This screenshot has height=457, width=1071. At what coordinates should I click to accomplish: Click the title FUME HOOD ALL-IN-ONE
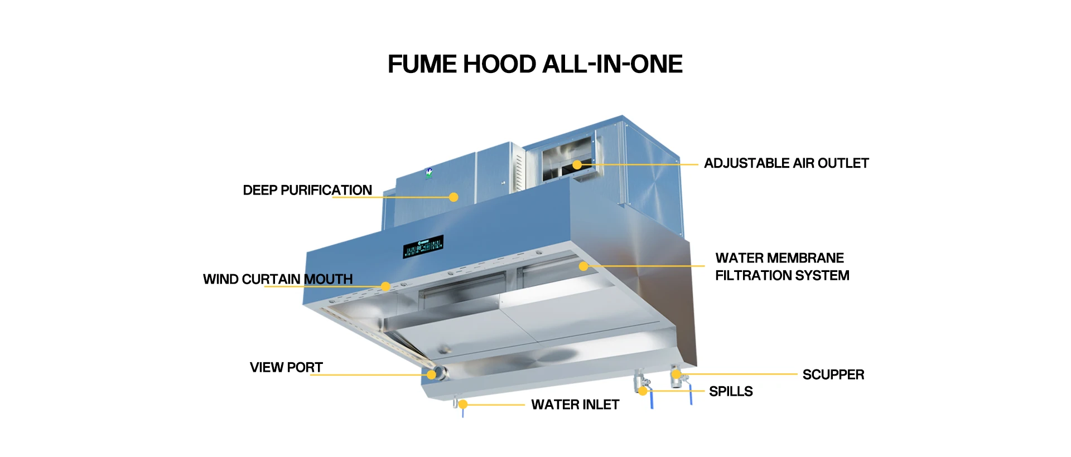point(535,64)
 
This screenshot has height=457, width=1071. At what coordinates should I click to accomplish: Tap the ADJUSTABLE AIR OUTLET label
point(786,163)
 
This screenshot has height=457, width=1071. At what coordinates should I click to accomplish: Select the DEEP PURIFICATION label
point(307,190)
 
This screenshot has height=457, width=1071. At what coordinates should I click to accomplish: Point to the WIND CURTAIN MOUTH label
point(278,279)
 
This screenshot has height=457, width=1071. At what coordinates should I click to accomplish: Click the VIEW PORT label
point(286,367)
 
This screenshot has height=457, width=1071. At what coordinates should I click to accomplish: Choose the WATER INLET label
point(575,405)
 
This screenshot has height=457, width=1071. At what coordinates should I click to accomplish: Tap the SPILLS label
point(731,391)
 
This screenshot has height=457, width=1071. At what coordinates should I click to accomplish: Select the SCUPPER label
point(833,375)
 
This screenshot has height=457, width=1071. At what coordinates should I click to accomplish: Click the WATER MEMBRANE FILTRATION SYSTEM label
point(782,266)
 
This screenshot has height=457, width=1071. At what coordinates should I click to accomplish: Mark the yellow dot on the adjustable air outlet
point(577,164)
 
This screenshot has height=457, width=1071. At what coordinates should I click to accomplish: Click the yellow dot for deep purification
point(454,197)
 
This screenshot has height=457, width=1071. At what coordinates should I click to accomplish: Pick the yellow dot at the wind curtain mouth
point(385,286)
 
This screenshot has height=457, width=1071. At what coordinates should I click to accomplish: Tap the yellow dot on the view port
point(431,375)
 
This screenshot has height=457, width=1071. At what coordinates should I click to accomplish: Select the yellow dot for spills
point(643,391)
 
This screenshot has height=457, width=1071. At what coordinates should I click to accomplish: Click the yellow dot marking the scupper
point(676,374)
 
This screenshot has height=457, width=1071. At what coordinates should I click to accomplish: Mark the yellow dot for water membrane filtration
point(583,266)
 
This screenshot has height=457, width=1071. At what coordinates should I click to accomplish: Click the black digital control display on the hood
point(423,246)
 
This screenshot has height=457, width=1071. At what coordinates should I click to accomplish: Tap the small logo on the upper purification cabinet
point(428,173)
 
